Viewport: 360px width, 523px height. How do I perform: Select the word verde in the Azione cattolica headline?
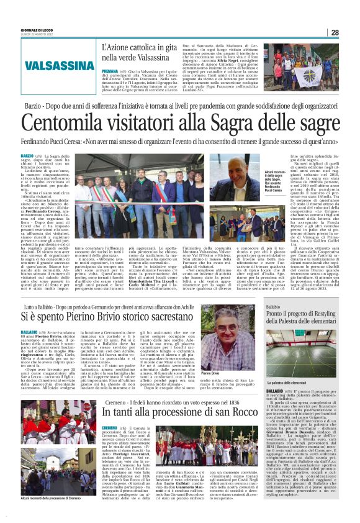click(130, 57)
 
